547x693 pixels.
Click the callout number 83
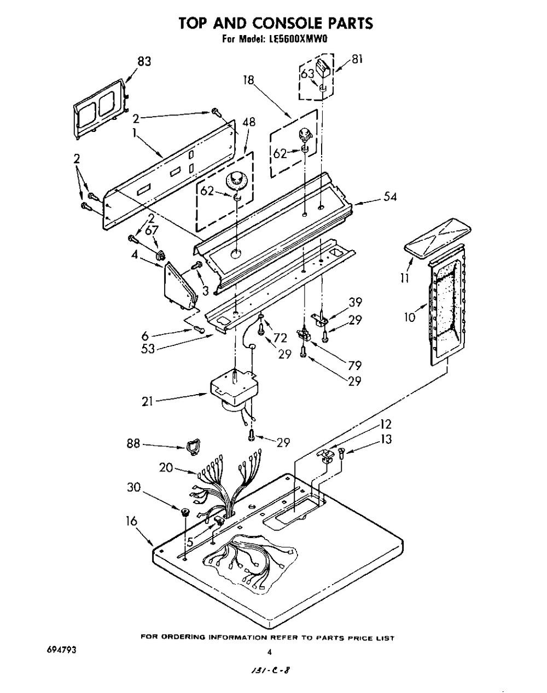coord(144,61)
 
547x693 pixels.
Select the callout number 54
coord(389,197)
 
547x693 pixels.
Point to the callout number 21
coord(147,401)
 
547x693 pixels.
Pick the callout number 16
coord(131,521)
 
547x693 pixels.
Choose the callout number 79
coord(354,365)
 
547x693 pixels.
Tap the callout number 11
coord(405,278)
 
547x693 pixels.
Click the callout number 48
coord(249,122)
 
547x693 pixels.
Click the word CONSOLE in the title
coord(287,23)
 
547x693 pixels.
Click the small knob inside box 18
coord(304,134)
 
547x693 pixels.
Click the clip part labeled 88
coord(193,447)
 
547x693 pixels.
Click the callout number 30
coord(134,487)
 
